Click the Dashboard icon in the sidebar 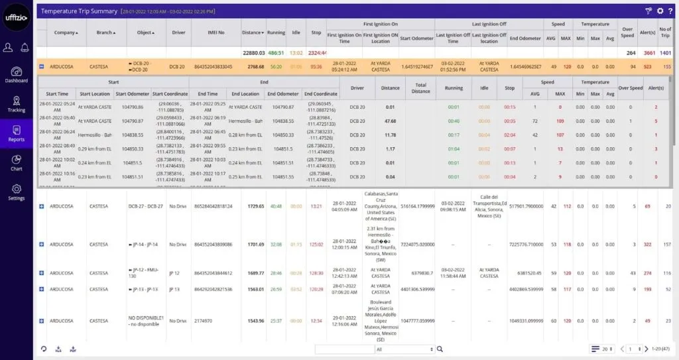tap(17, 72)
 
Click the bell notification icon tap(25, 47)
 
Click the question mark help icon tap(671, 11)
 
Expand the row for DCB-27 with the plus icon tap(42, 207)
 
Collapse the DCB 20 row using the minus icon tap(42, 66)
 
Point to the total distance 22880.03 tap(253, 53)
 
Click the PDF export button tap(73, 349)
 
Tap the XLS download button tap(58, 349)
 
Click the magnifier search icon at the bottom tap(440, 349)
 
